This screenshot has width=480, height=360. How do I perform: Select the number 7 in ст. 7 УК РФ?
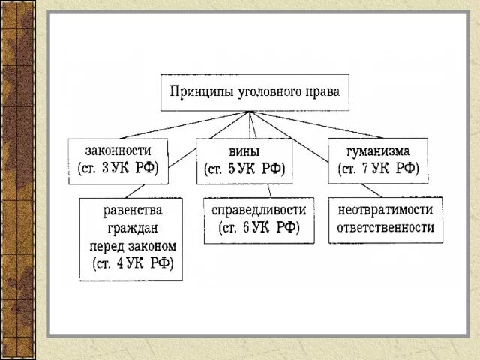(x=365, y=169)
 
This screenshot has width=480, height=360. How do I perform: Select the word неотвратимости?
(x=385, y=209)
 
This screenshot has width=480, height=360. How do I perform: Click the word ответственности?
(x=385, y=228)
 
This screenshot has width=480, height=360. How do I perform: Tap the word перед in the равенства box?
(x=105, y=245)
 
